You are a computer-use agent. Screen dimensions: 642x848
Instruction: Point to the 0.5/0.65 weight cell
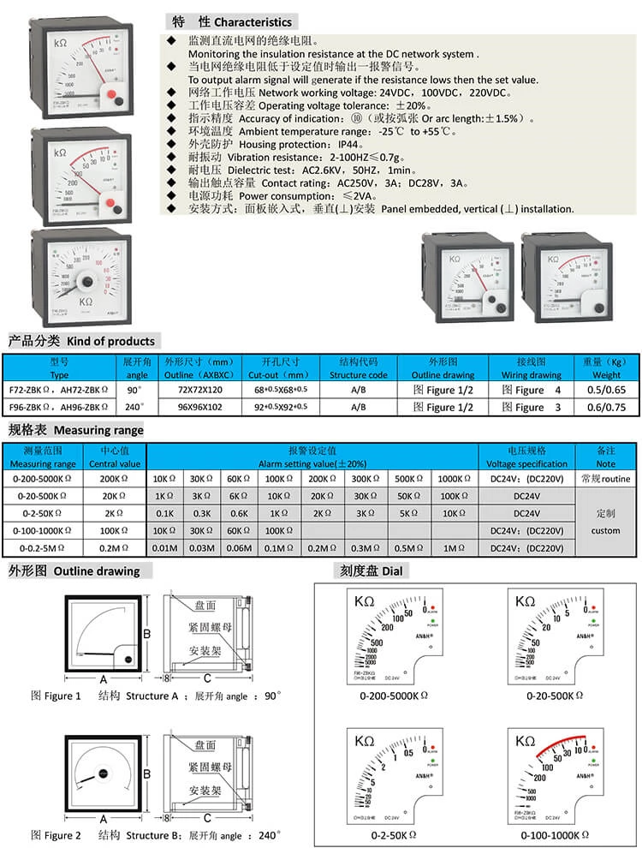point(606,390)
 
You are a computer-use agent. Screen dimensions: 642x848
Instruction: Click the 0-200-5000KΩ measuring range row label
point(44,478)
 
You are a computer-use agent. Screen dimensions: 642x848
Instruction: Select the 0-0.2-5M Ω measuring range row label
point(44,546)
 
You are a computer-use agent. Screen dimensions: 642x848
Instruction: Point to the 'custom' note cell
point(606,529)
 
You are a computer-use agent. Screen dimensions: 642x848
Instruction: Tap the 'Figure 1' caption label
point(56,696)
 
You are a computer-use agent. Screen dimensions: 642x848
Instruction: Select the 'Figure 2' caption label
point(56,834)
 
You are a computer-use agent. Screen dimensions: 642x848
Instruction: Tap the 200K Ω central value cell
point(115,478)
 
